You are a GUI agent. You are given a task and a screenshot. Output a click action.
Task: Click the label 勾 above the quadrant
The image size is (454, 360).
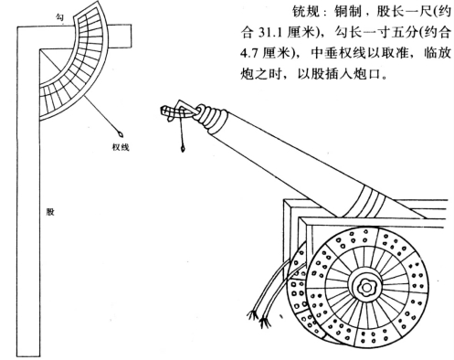(59, 17)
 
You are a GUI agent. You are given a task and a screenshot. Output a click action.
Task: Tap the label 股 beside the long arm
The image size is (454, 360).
(50, 212)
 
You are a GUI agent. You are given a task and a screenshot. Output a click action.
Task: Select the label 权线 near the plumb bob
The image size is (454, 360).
(121, 147)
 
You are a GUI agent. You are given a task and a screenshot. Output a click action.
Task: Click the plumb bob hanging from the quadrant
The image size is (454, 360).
(121, 133)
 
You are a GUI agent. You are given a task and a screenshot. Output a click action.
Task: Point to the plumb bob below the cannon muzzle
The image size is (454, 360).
(183, 149)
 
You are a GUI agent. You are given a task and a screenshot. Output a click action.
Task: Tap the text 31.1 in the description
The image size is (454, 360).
(269, 32)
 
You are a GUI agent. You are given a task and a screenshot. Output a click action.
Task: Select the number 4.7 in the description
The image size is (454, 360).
(248, 53)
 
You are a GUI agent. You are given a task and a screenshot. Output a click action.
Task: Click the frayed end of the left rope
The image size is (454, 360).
(253, 314)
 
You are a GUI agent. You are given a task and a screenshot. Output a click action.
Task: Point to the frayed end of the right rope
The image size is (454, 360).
(265, 323)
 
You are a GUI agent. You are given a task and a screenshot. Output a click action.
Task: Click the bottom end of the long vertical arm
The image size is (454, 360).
(28, 355)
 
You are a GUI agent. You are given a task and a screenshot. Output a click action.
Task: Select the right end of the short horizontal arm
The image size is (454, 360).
(131, 37)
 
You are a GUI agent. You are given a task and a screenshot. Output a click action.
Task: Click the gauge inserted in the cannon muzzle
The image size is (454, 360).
(178, 111)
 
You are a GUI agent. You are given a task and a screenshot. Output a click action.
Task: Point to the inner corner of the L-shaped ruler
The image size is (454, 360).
(40, 48)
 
